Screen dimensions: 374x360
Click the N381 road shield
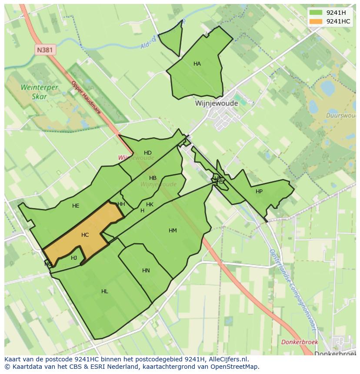(x=44, y=50)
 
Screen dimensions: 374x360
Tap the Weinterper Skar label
(x=39, y=92)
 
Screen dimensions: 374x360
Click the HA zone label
(x=197, y=64)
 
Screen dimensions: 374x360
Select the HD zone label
(x=148, y=153)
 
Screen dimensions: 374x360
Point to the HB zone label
(x=153, y=178)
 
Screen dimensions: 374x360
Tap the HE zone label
(x=76, y=206)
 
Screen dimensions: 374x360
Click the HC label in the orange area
(x=85, y=235)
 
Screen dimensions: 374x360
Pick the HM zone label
(x=173, y=231)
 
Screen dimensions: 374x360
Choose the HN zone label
(x=146, y=271)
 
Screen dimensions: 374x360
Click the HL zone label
(x=104, y=291)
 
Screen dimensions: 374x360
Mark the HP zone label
(x=259, y=192)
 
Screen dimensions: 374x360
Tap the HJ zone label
(x=74, y=258)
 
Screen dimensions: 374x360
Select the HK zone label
(x=150, y=205)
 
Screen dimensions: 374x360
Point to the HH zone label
(x=121, y=204)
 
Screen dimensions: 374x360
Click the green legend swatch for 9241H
(x=316, y=13)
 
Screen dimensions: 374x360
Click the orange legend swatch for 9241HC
(x=316, y=21)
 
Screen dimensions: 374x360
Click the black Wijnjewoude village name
(x=217, y=103)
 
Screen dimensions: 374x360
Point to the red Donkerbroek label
(x=300, y=342)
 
